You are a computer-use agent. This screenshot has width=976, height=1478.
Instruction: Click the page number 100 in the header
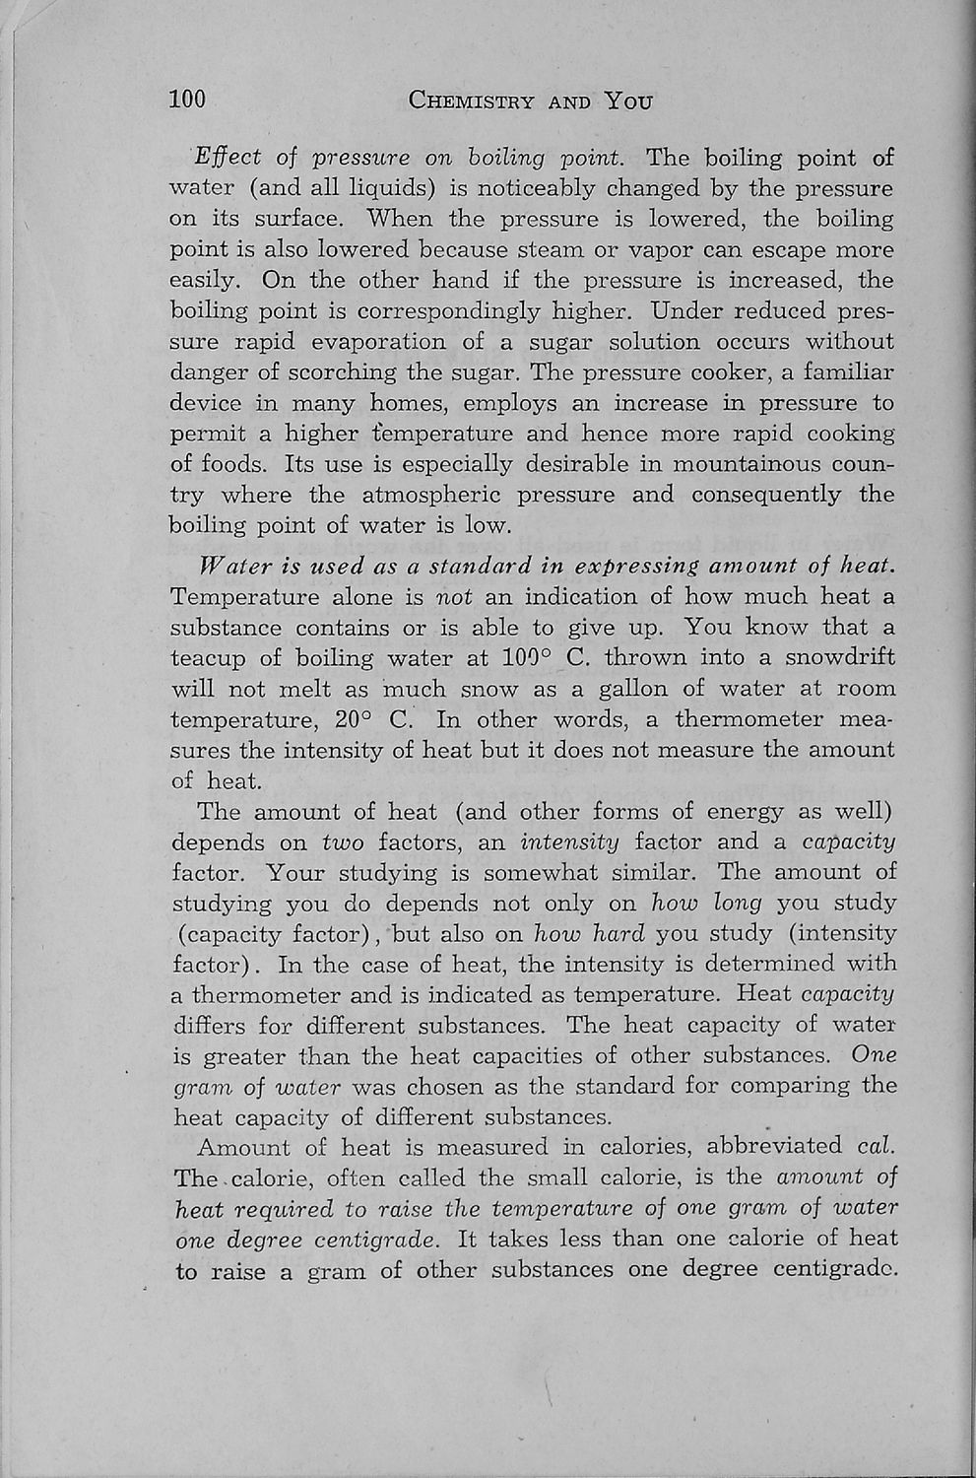pos(187,100)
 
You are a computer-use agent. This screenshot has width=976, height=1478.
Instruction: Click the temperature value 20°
pos(352,719)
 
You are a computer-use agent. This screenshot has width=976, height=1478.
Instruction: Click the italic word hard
pos(618,933)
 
